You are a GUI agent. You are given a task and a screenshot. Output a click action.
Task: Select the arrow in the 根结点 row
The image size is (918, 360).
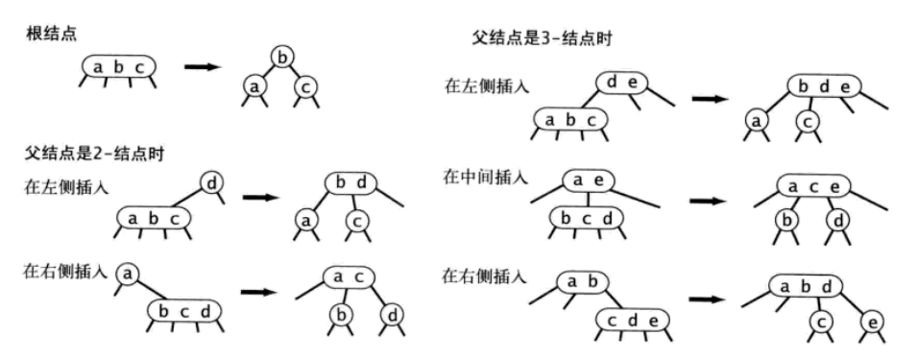coord(203,67)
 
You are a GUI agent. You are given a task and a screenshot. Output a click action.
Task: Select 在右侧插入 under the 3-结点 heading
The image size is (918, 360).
coord(485,276)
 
